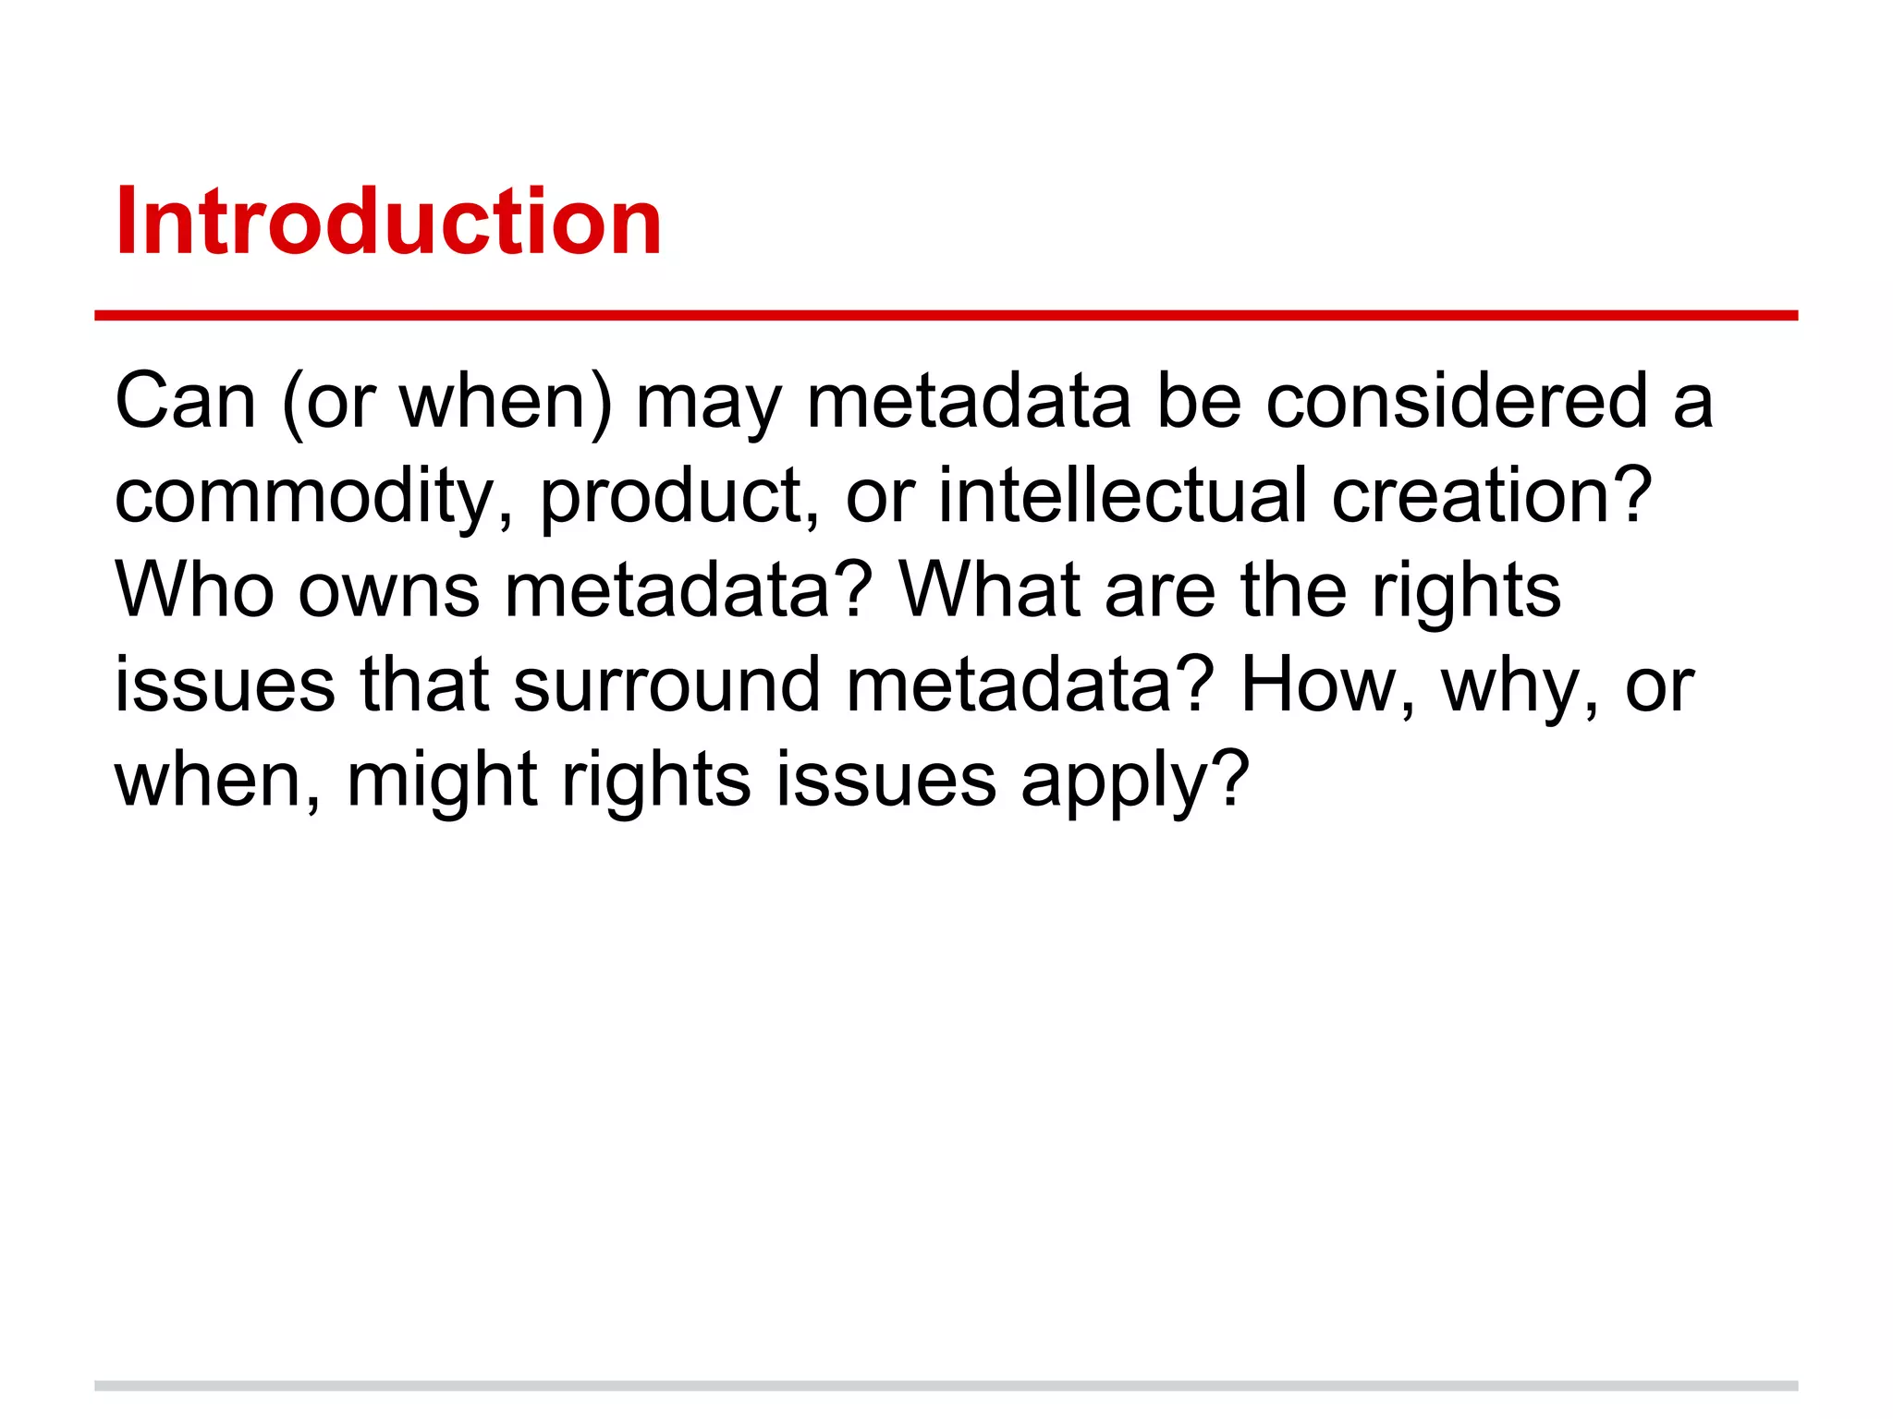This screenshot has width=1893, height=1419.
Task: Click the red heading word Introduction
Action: [388, 222]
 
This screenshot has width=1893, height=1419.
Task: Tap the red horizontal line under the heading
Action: [946, 316]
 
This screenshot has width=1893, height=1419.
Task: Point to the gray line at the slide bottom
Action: [946, 1386]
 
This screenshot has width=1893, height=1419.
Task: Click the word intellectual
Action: [1123, 497]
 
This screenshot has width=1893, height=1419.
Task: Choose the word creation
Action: [1475, 497]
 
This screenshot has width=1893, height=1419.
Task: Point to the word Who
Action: [194, 591]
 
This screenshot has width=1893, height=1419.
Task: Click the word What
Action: [990, 591]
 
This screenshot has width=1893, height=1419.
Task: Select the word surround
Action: [666, 685]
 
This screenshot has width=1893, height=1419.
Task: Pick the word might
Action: [442, 781]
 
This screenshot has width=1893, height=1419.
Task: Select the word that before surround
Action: [424, 685]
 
